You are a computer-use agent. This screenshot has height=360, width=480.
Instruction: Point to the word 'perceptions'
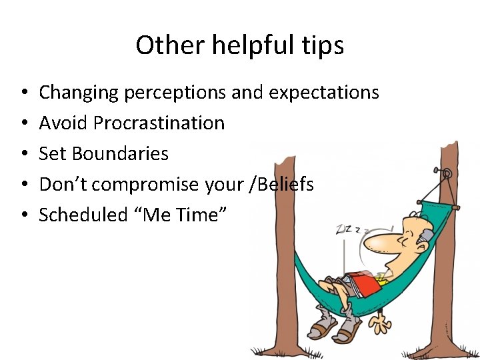(x=175, y=93)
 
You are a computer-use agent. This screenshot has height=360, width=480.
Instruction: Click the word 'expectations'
(x=324, y=93)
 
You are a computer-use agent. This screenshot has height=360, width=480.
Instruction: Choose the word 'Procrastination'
(x=159, y=123)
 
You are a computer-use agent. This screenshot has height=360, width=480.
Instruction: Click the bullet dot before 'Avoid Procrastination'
(x=23, y=123)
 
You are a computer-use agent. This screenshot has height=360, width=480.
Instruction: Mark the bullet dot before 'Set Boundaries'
(x=23, y=154)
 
